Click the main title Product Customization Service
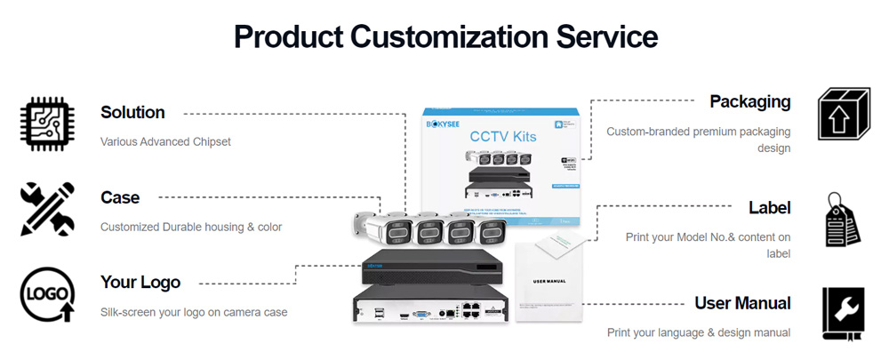[445, 36]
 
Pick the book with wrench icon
[843, 312]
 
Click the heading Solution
[132, 113]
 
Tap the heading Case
[120, 197]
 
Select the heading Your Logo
[140, 283]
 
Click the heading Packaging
[749, 101]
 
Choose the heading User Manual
[742, 303]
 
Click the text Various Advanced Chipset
[165, 141]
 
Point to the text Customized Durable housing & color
[191, 227]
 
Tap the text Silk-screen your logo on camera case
[194, 312]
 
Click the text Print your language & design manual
[699, 332]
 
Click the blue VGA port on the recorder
[420, 313]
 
